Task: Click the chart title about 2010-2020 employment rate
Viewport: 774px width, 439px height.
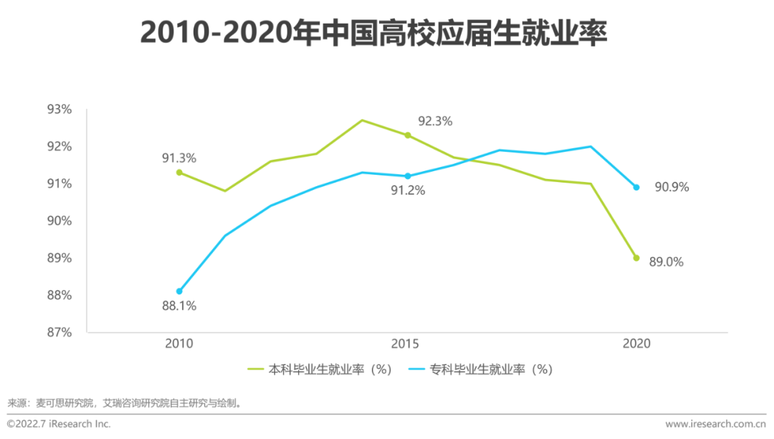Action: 373,34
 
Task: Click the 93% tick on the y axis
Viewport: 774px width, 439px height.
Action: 59,110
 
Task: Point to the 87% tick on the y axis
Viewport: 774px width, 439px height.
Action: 59,332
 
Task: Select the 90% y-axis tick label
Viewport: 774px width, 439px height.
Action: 59,221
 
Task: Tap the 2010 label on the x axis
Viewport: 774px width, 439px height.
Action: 178,344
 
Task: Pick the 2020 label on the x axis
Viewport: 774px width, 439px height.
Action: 636,344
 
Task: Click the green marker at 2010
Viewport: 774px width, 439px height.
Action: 179,173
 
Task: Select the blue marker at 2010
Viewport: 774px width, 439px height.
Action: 179,291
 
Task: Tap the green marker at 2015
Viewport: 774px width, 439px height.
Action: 408,135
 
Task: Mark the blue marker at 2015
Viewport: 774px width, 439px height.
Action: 408,176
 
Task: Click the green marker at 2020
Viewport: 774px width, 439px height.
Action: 636,258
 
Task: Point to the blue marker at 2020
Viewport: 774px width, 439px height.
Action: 636,188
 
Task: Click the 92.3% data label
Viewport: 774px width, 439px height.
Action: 435,121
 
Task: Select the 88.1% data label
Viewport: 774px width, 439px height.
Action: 178,306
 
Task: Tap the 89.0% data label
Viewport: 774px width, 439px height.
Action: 666,262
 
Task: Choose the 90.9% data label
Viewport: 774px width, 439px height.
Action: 672,188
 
